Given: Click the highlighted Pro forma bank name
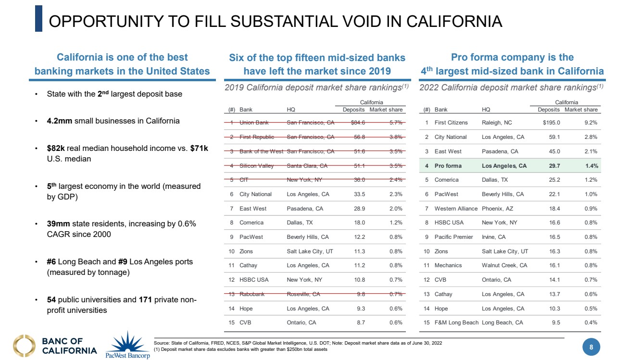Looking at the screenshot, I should coord(448,166).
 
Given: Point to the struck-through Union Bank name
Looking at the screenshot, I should coord(254,123).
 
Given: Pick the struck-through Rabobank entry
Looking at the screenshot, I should coord(252,294).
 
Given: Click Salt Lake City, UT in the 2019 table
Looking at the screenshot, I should coord(310,251).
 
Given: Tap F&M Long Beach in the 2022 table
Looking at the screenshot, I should coord(456,323).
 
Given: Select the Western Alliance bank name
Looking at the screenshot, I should coord(456,209).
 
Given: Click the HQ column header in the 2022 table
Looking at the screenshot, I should coord(486,110).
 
